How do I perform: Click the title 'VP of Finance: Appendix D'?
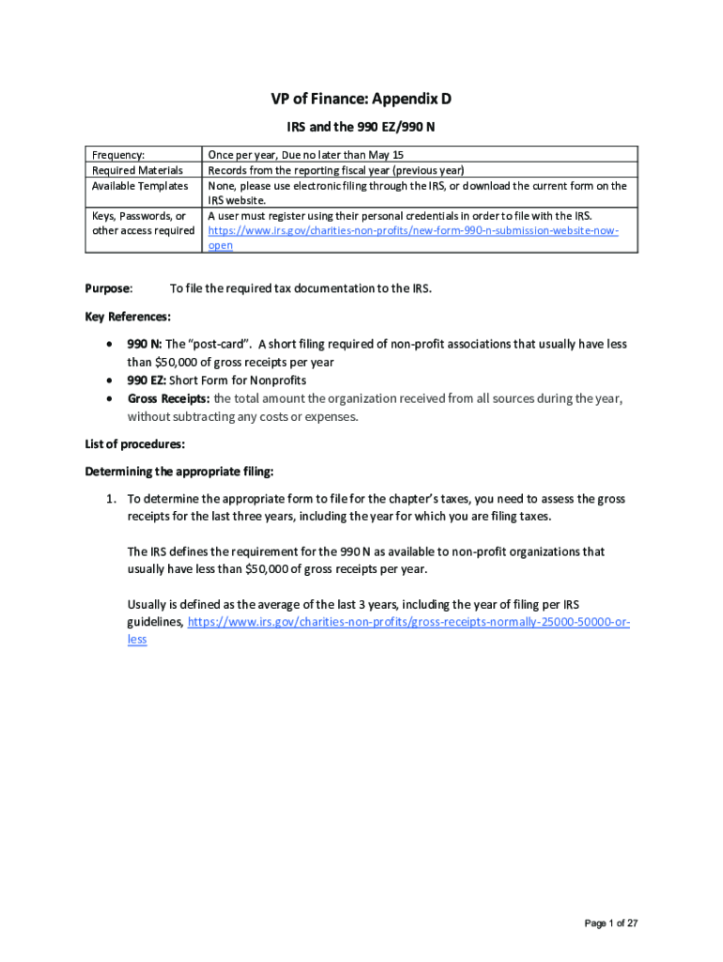point(361,100)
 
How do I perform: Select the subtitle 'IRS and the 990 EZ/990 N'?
point(361,126)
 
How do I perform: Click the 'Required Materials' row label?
point(137,170)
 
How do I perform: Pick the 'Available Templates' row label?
point(140,185)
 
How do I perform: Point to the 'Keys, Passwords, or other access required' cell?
point(143,223)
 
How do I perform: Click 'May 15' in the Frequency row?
point(389,154)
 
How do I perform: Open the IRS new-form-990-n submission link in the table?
point(413,230)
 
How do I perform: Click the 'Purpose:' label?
point(109,288)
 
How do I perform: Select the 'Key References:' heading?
point(128,317)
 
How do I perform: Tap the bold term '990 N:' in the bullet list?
point(145,344)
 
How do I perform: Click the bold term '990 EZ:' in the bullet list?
point(147,380)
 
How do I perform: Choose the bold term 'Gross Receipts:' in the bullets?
point(169,398)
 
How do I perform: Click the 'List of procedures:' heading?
point(134,443)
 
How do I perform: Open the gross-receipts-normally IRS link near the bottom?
point(408,622)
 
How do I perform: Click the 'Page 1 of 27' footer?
point(611,923)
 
